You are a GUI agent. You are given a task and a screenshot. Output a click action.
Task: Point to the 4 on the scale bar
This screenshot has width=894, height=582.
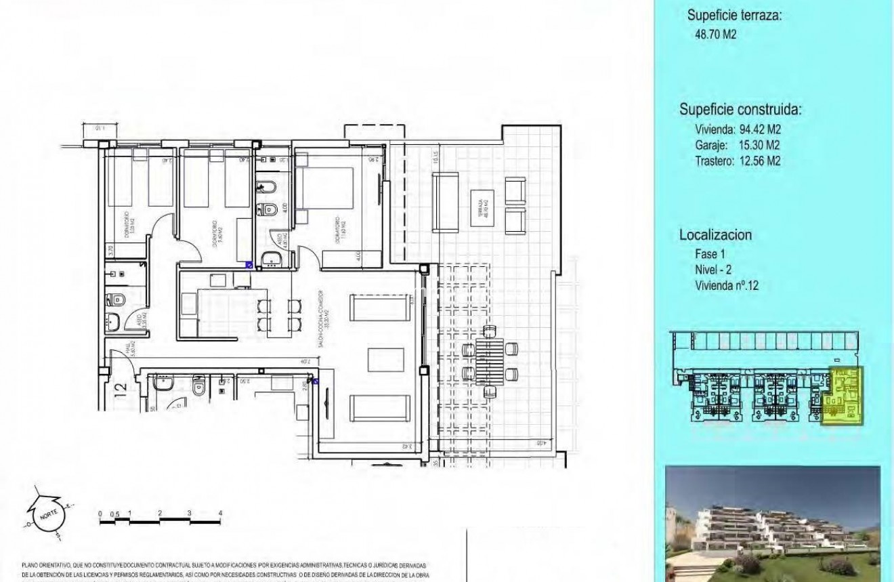[220, 514]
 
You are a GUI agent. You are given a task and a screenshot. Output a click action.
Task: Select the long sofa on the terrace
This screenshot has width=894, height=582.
[446, 203]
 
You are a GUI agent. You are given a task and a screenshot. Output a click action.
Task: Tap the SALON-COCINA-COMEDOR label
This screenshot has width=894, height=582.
[324, 310]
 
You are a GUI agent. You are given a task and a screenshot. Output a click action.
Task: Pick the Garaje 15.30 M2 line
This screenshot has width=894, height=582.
[737, 146]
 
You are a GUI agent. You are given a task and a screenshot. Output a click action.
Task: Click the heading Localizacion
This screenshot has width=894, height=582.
[716, 235]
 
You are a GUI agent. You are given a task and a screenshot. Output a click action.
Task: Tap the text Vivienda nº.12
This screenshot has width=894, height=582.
[727, 286]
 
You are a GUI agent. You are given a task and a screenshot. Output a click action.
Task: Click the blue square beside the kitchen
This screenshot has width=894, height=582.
[249, 266]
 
